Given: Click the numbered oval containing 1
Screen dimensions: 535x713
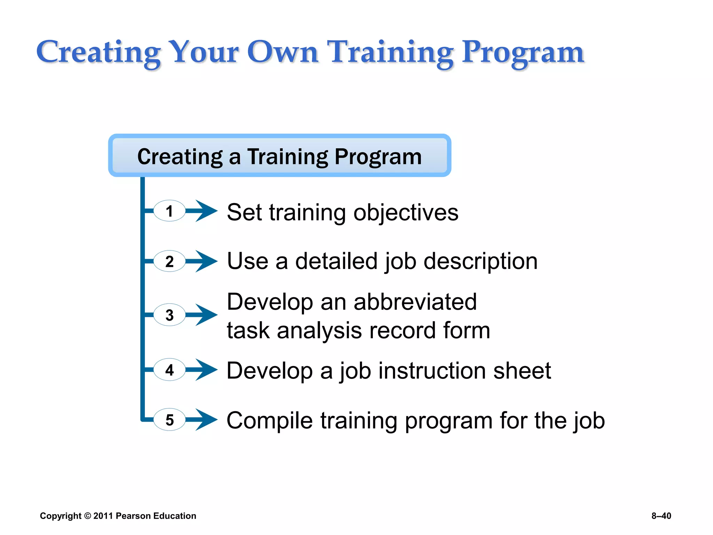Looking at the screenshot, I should (x=170, y=211).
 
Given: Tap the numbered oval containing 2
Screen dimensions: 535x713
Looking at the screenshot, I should (x=170, y=261).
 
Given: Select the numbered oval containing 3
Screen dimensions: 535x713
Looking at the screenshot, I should (x=170, y=315).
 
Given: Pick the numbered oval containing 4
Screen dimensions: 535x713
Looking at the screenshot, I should (x=170, y=370).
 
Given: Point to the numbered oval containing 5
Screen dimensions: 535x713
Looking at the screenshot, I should (x=170, y=420).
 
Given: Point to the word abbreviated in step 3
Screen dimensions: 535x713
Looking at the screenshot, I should (x=415, y=302).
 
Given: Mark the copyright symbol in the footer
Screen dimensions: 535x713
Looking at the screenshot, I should (x=87, y=516).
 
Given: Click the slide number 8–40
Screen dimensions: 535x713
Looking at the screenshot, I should (x=661, y=516).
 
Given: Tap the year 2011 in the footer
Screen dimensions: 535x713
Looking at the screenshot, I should (x=103, y=516).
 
